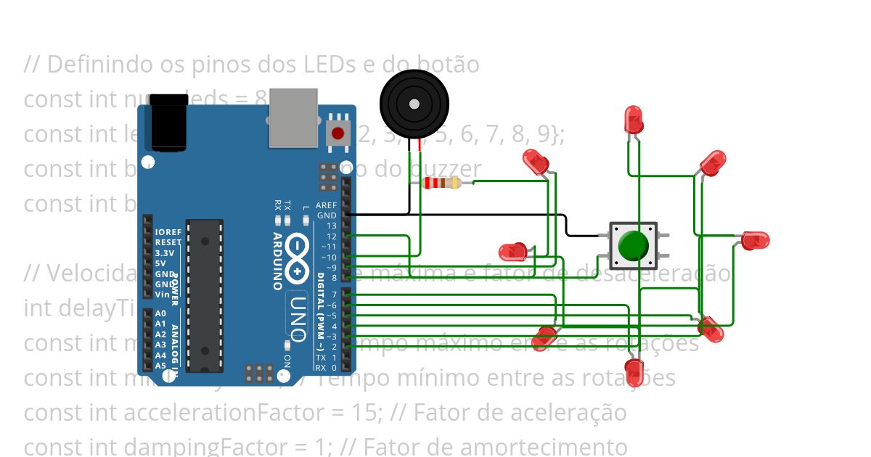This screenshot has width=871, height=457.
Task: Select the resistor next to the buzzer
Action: coord(441,183)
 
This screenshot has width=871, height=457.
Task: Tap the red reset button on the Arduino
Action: coord(338,133)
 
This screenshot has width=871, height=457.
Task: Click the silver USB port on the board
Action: coord(293,118)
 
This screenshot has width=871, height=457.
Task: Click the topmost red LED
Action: coord(634,119)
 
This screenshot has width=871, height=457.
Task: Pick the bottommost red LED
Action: coord(635,371)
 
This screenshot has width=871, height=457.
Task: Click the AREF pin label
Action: coord(326,205)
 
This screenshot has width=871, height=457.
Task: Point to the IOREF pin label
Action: coord(168,232)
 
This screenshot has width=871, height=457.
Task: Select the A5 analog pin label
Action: coord(160,366)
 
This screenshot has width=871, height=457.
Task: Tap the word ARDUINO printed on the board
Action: coord(277,261)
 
